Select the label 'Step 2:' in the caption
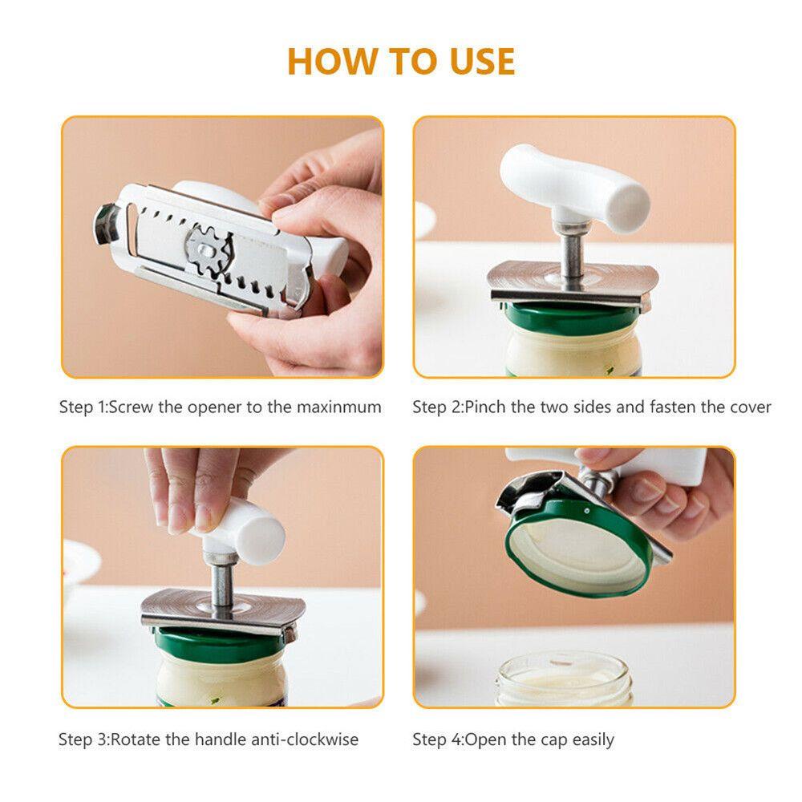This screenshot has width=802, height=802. tap(438, 407)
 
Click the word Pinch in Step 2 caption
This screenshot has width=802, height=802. tap(485, 407)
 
